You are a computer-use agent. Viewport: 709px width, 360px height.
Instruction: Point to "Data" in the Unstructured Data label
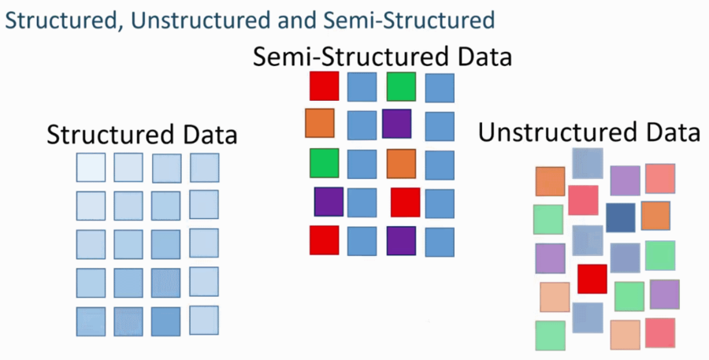tap(670, 132)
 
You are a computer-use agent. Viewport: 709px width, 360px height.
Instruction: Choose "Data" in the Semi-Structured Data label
tap(481, 58)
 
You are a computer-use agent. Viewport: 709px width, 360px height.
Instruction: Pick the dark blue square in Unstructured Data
tap(621, 217)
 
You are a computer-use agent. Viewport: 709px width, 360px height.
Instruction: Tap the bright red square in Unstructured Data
tap(592, 278)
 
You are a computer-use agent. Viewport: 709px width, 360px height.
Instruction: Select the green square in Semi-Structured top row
tap(402, 87)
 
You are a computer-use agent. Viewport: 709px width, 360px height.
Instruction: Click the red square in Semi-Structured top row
tap(324, 87)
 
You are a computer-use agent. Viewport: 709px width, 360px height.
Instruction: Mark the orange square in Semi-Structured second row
tap(320, 124)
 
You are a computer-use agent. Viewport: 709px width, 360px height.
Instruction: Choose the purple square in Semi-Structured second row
tap(397, 124)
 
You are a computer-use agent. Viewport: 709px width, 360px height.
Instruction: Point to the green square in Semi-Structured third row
tap(324, 163)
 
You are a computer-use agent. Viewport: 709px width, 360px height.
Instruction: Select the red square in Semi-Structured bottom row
tap(324, 240)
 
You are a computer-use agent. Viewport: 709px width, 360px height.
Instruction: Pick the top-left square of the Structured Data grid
tap(91, 168)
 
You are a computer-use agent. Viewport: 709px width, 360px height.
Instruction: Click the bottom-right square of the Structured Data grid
tap(204, 320)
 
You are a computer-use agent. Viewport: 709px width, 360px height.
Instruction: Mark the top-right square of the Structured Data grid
tap(204, 168)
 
